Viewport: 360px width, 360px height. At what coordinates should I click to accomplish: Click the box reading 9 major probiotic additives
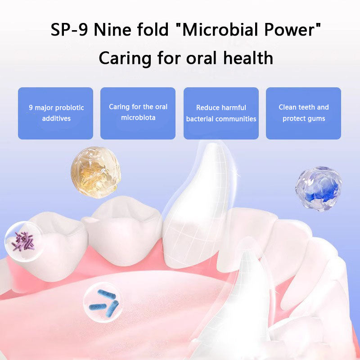55,113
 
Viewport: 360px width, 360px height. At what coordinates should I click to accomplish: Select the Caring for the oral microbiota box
138,113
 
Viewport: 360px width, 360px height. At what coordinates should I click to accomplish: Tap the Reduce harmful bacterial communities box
221,113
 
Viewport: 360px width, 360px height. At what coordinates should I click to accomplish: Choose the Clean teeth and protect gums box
303,113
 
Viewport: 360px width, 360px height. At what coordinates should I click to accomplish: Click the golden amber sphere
95,173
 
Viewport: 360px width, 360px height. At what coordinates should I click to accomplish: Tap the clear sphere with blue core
319,189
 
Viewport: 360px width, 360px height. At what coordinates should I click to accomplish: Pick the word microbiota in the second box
138,118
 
